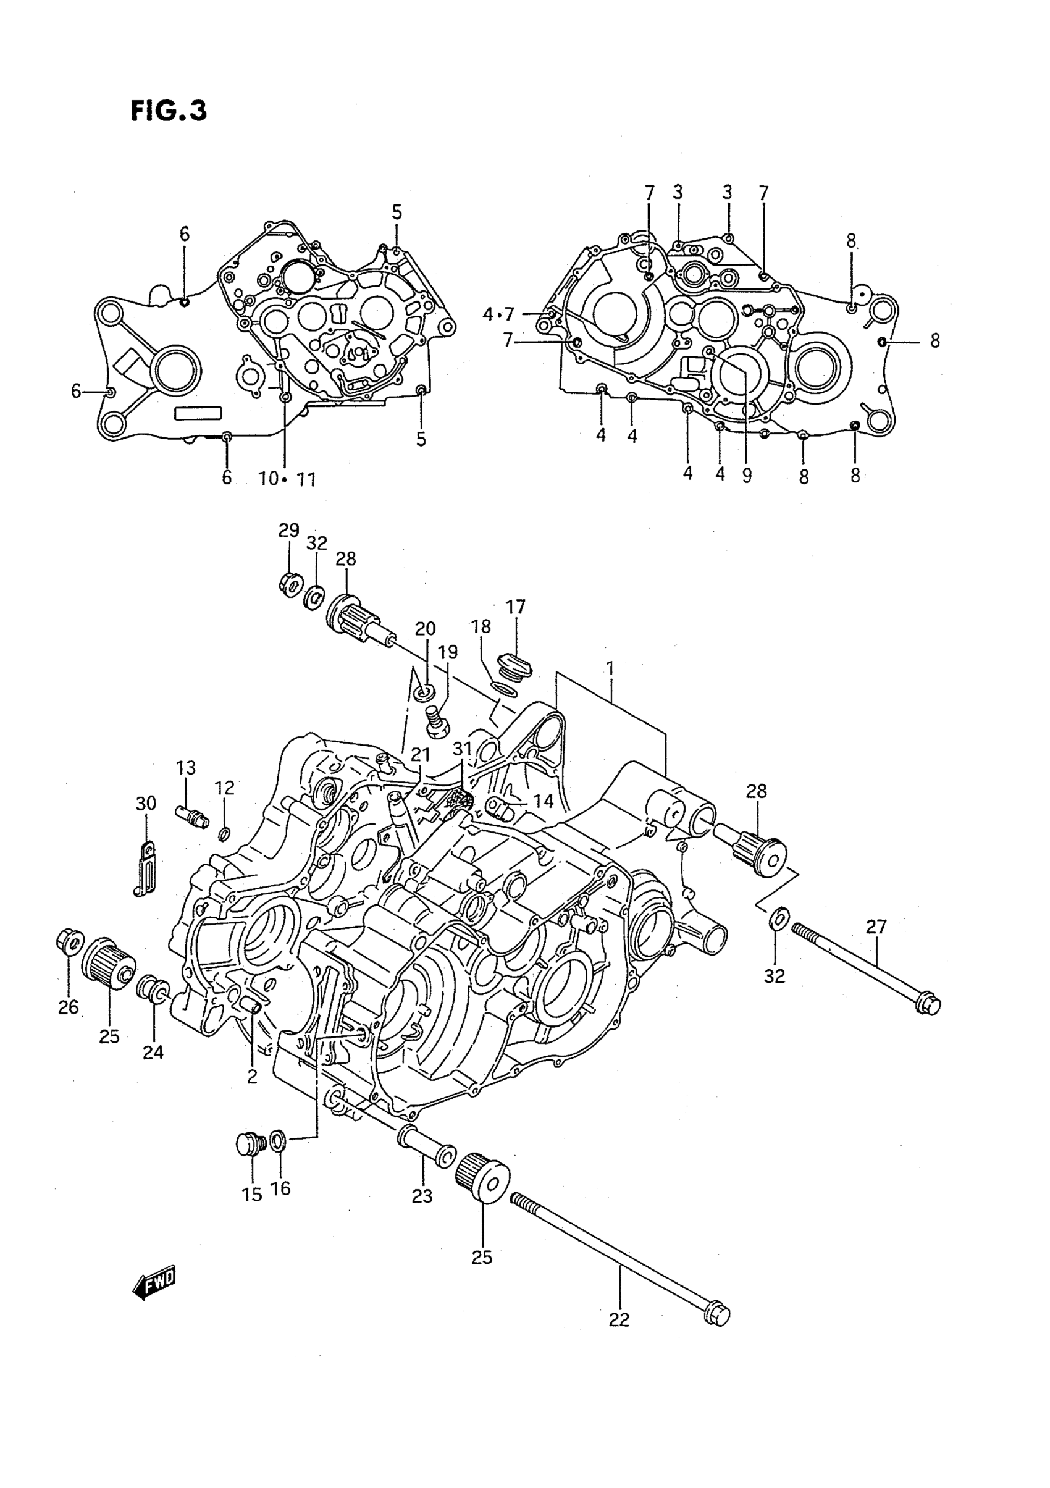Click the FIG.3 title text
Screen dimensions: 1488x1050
tap(169, 111)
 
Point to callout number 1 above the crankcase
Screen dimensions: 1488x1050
tap(609, 668)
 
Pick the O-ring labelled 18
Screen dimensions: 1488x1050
tap(503, 688)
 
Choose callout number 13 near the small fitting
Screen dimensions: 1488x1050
tap(185, 768)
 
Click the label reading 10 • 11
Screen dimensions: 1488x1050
tap(287, 479)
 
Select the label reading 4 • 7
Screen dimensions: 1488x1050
tap(498, 314)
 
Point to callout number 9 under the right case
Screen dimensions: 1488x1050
tap(747, 476)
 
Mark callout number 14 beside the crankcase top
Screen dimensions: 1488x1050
tap(543, 802)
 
